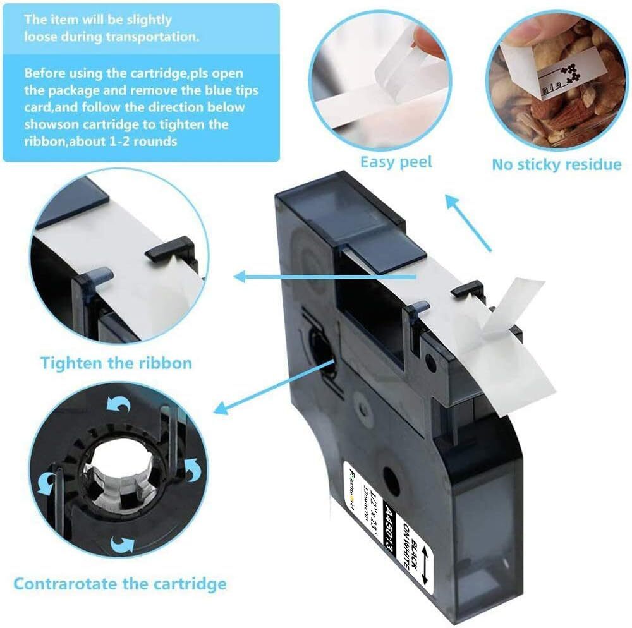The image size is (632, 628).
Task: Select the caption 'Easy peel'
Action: (396, 162)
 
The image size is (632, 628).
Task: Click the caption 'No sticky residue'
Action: (557, 165)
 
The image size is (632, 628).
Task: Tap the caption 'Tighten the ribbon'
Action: (116, 363)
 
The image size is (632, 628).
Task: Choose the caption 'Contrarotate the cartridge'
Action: (120, 583)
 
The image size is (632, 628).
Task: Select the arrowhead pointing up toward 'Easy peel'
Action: (451, 202)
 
